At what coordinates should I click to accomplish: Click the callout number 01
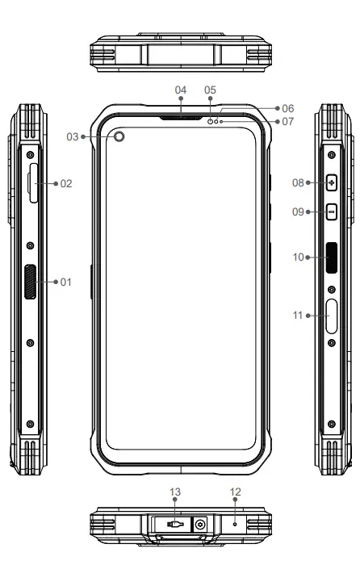66,282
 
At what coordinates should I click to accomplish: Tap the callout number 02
66,184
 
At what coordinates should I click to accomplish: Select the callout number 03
73,137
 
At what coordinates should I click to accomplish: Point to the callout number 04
181,90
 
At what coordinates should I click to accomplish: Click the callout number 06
288,107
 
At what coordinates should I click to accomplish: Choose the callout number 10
299,257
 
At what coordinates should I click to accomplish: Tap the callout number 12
234,491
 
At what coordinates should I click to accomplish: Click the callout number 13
175,491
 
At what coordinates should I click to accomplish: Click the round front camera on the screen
120,137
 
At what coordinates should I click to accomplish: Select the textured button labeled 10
332,258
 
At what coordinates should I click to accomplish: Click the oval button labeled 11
332,316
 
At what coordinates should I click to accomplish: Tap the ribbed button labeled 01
30,282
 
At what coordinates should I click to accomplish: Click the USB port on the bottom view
175,524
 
